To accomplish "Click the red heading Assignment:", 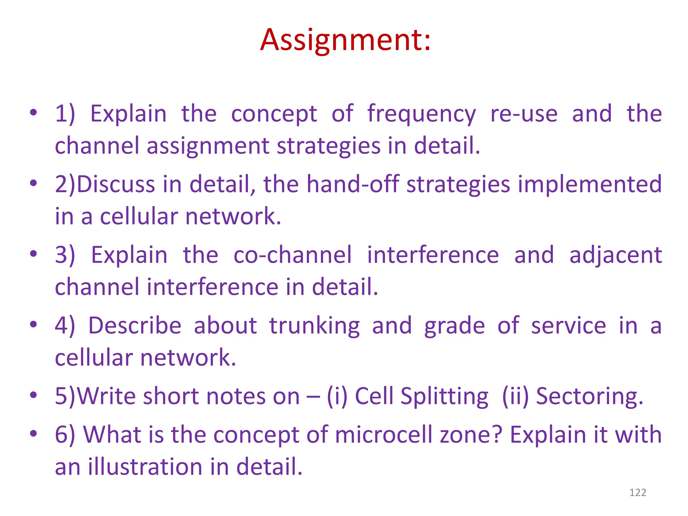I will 345,40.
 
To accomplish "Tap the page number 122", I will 637,492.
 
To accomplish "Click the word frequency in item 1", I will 421,114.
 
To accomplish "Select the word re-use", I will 524,114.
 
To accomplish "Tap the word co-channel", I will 292,255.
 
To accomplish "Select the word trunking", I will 314,326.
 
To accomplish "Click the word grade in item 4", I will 454,326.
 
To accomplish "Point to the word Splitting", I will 444,397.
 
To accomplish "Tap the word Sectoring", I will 589,397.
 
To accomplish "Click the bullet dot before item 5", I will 33,395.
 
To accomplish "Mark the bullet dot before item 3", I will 33,254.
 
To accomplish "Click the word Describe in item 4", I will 135,326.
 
